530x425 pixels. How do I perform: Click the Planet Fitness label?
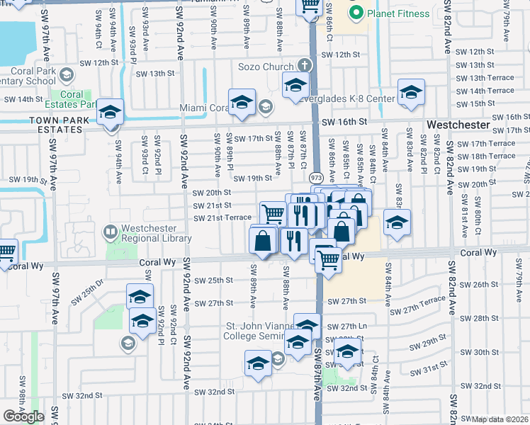click(x=398, y=13)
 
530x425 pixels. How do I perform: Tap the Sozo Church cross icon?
click(x=305, y=66)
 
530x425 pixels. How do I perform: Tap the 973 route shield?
click(x=316, y=177)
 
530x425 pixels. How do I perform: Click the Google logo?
click(x=23, y=416)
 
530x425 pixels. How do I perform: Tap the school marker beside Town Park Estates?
click(x=111, y=112)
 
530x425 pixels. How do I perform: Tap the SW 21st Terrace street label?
click(x=222, y=217)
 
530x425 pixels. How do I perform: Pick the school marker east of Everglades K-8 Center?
click(x=411, y=93)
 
